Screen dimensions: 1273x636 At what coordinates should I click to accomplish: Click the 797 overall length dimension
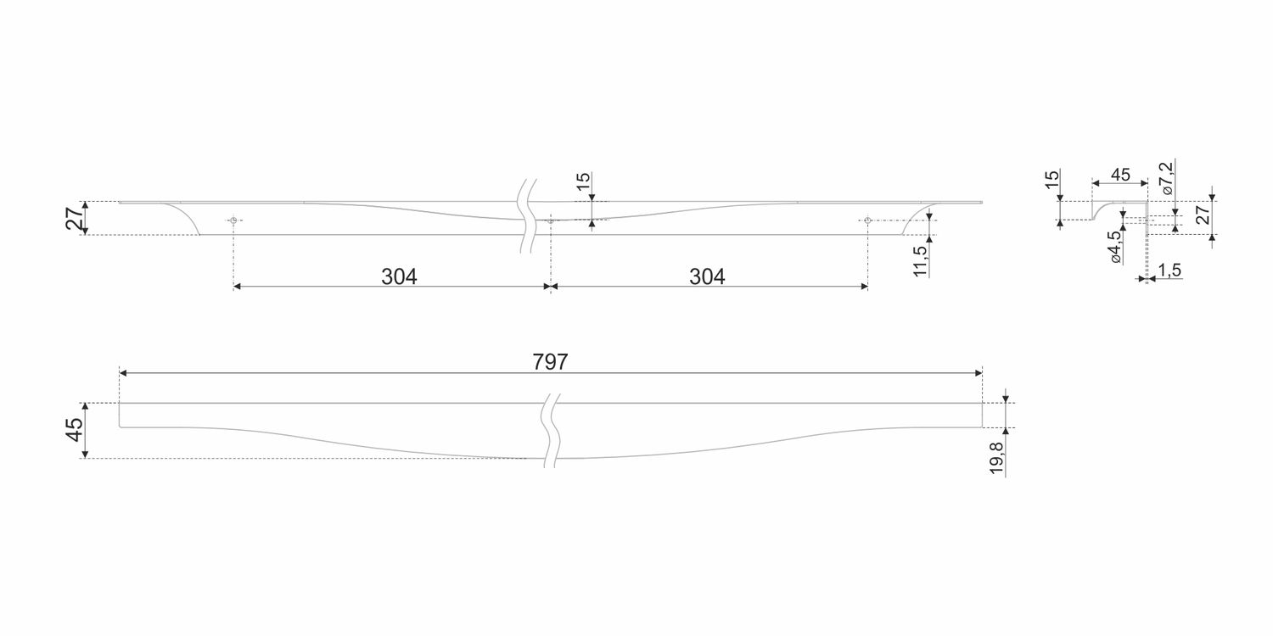tap(550, 362)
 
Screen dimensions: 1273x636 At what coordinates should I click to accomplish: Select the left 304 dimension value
tap(399, 276)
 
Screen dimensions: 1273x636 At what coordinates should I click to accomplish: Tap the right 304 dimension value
tap(707, 276)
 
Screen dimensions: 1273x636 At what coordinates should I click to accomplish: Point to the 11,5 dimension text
tap(920, 260)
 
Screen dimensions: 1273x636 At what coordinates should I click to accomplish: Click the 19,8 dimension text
tap(997, 458)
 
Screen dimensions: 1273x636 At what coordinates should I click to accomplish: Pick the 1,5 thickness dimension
tap(1169, 270)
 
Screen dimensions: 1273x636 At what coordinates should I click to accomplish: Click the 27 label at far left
tap(74, 218)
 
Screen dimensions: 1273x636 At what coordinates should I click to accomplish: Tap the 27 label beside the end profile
tap(1203, 215)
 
